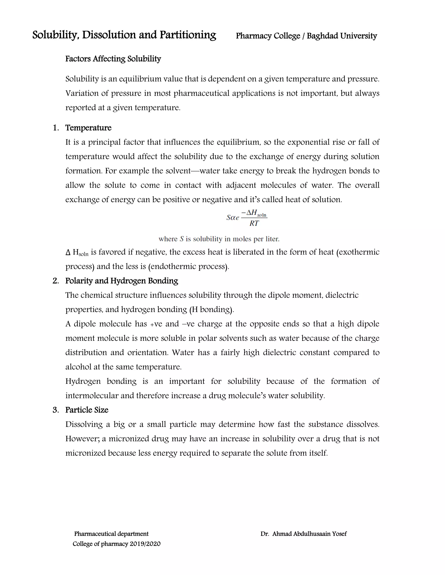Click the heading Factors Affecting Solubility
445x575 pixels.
[113, 59]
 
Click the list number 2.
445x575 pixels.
[55, 281]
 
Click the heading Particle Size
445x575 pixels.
[87, 410]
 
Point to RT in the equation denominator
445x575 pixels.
[254, 223]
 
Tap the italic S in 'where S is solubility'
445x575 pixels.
[182, 239]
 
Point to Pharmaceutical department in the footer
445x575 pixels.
[111, 534]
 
